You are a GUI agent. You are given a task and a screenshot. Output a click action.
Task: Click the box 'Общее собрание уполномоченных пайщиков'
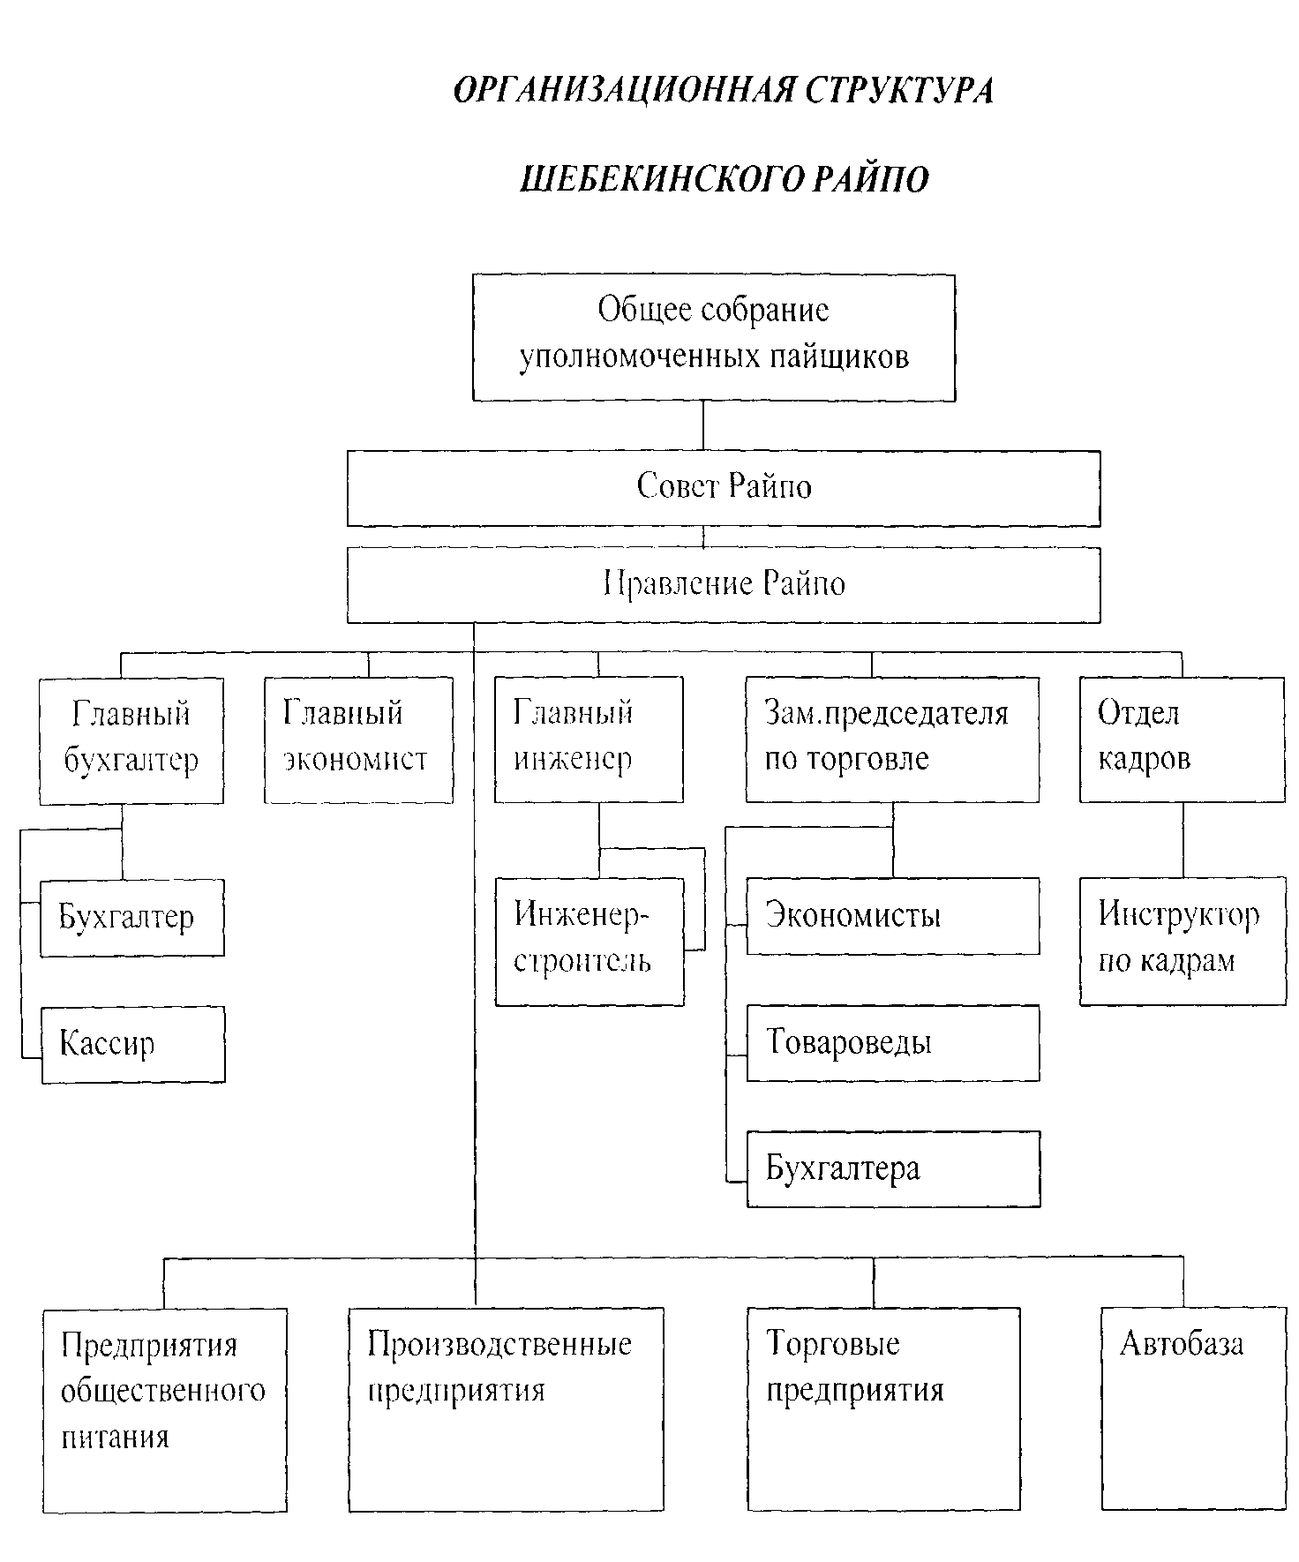[713, 337]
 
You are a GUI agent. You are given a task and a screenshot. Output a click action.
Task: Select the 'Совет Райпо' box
[724, 488]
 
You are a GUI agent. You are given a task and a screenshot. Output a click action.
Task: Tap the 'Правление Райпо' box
[724, 585]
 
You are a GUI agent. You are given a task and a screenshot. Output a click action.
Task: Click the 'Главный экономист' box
[358, 740]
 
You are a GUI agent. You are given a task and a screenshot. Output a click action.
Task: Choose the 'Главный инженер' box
[588, 740]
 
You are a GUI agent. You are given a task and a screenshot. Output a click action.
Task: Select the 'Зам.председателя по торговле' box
[891, 740]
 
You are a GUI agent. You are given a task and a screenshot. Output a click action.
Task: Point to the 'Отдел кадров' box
[1182, 740]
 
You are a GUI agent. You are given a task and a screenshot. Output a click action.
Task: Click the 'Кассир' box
[133, 1044]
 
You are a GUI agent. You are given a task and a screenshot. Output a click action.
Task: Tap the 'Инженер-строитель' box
[589, 941]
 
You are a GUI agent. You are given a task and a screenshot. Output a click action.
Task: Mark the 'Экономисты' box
[892, 915]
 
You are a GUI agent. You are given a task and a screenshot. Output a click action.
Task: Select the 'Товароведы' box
[892, 1042]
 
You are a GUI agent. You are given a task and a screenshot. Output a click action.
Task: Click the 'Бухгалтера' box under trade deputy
[893, 1169]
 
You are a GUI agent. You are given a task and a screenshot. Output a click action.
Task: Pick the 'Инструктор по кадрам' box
[1183, 941]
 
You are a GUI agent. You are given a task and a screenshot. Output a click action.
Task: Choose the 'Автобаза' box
[1193, 1409]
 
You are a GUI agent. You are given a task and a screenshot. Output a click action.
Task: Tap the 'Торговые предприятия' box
[882, 1409]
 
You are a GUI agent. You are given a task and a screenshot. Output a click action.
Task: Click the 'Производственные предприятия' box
[506, 1409]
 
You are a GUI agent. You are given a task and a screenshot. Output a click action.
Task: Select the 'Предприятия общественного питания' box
[165, 1409]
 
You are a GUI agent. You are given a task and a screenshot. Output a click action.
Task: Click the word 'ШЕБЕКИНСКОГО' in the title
[662, 179]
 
